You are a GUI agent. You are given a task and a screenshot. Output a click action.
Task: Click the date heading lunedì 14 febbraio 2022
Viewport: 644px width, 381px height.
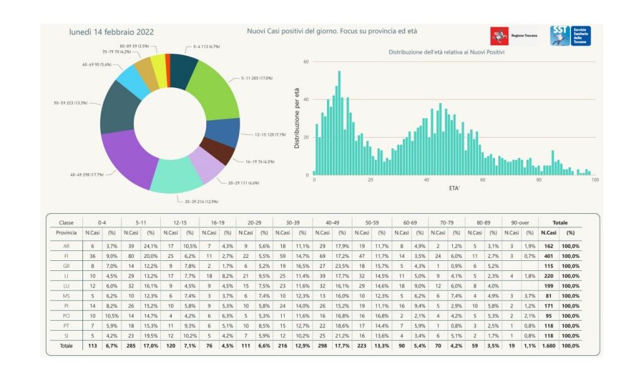click(x=111, y=32)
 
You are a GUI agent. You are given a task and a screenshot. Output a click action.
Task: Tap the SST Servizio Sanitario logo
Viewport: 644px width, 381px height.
click(x=570, y=35)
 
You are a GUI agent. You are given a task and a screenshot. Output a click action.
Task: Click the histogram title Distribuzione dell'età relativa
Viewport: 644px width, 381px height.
click(x=447, y=52)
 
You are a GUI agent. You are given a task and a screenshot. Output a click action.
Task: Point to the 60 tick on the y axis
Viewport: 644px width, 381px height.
click(x=306, y=62)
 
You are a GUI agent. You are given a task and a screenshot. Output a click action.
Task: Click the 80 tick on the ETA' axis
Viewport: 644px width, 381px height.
click(x=538, y=180)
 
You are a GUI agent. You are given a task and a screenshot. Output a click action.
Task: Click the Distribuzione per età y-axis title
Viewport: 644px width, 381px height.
click(x=297, y=118)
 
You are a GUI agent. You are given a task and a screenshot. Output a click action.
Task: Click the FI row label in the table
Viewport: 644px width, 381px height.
click(x=67, y=256)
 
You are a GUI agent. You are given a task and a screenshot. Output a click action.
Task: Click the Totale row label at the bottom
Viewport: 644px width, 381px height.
click(x=66, y=346)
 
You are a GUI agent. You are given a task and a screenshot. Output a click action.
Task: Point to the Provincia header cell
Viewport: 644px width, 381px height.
click(x=67, y=233)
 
